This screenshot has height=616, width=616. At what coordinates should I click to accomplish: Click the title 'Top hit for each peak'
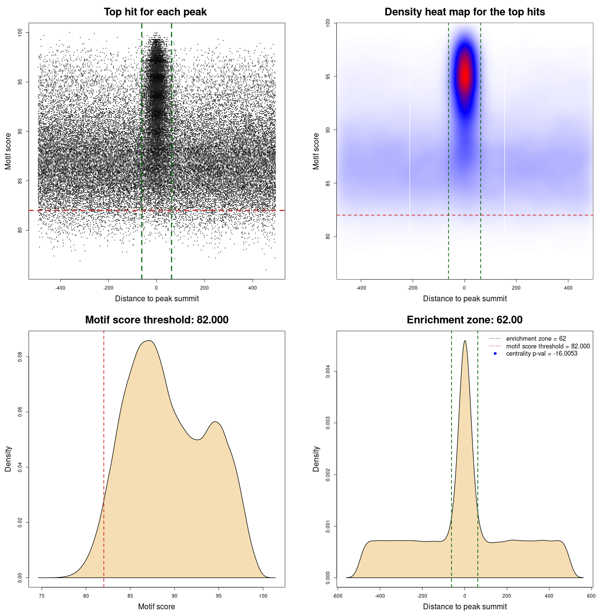pyautogui.click(x=155, y=12)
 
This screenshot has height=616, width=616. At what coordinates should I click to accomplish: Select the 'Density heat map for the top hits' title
pyautogui.click(x=464, y=12)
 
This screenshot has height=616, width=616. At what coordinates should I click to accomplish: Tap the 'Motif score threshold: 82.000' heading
pyautogui.click(x=156, y=320)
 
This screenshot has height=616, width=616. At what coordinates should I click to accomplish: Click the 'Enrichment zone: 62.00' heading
pyautogui.click(x=464, y=320)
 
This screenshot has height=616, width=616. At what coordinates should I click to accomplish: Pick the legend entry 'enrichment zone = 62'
pyautogui.click(x=536, y=339)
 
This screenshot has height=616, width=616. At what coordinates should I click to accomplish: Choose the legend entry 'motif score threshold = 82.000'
pyautogui.click(x=548, y=346)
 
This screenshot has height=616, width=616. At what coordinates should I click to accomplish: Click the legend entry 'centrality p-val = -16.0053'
pyautogui.click(x=541, y=354)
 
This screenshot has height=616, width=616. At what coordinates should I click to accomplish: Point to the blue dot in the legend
pyautogui.click(x=495, y=354)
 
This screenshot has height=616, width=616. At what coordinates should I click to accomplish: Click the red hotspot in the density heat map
pyautogui.click(x=465, y=75)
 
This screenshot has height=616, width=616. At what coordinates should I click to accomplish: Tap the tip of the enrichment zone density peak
pyautogui.click(x=465, y=341)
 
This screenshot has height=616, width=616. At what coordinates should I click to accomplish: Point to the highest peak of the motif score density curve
pyautogui.click(x=150, y=341)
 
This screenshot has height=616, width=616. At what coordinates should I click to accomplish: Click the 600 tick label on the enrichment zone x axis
pyautogui.click(x=591, y=596)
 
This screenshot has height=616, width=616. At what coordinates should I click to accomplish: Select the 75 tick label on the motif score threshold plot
pyautogui.click(x=42, y=596)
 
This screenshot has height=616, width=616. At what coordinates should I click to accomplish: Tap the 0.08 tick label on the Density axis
pyautogui.click(x=20, y=357)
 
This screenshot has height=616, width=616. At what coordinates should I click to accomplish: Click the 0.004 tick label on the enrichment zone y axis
pyautogui.click(x=328, y=372)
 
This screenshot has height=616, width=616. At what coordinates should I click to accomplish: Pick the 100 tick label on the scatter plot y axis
pyautogui.click(x=20, y=32)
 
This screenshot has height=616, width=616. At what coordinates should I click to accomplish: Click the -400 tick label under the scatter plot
pyautogui.click(x=60, y=288)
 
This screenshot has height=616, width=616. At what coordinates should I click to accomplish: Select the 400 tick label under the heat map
pyautogui.click(x=568, y=288)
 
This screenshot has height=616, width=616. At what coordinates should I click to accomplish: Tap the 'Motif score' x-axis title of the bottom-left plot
pyautogui.click(x=156, y=606)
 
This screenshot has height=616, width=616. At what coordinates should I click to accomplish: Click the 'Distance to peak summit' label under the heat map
pyautogui.click(x=464, y=298)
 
